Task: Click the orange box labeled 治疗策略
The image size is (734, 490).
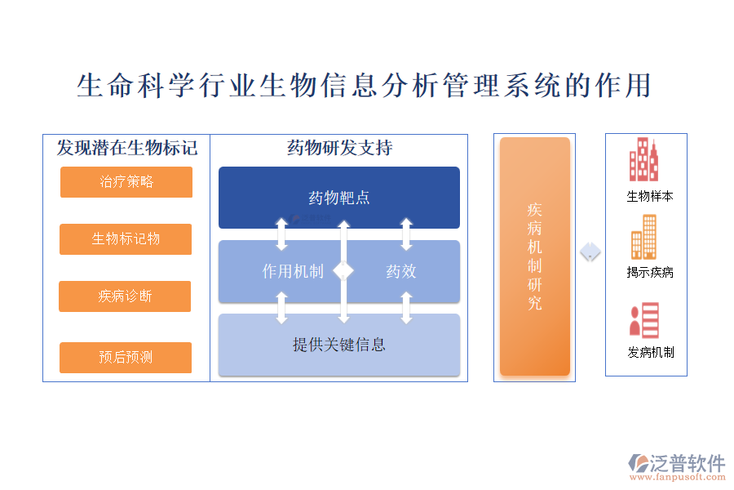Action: [126, 182]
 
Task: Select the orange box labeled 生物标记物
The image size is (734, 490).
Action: [126, 239]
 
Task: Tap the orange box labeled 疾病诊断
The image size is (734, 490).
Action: [125, 296]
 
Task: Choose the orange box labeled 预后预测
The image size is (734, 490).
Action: [126, 358]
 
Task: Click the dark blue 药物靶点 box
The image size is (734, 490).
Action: [339, 198]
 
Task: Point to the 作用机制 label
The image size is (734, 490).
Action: [293, 271]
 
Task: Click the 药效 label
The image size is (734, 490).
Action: [401, 271]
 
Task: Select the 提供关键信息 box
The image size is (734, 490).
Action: [339, 345]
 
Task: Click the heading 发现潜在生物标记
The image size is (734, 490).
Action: [127, 148]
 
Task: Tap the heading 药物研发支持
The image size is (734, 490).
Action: [339, 148]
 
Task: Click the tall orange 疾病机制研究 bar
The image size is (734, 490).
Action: [535, 256]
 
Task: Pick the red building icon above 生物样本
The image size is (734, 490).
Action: [643, 160]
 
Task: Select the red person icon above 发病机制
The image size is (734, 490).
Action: [643, 320]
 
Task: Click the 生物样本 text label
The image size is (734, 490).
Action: [650, 197]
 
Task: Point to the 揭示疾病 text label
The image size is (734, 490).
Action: [650, 273]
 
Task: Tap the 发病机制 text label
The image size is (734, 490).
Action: [650, 353]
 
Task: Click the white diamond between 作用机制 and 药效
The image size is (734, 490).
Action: [344, 269]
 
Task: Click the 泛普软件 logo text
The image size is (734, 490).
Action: [687, 463]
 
